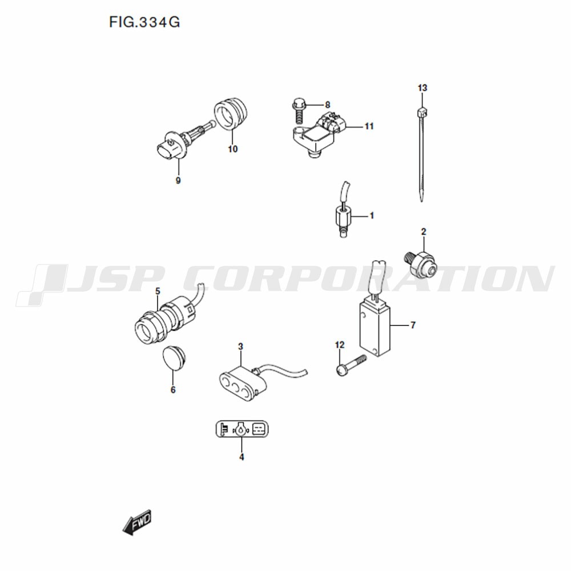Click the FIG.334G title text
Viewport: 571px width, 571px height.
(144, 22)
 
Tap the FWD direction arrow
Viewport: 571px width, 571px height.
(137, 522)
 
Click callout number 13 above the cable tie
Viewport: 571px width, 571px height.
(423, 88)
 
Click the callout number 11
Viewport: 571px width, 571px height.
(369, 126)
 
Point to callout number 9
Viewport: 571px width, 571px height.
(178, 180)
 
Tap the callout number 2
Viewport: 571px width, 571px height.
(424, 232)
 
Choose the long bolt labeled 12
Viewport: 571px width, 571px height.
(351, 365)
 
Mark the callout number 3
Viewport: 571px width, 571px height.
(240, 347)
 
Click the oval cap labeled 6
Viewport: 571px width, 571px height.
(174, 359)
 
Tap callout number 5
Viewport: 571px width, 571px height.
(158, 291)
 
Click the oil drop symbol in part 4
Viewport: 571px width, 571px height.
(241, 429)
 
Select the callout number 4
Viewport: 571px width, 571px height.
(242, 457)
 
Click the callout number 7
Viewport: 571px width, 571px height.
(413, 325)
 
